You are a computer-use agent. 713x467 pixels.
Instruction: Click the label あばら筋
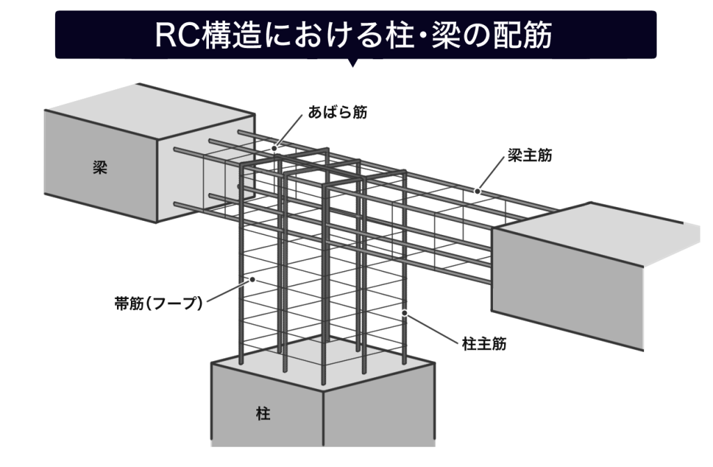338,112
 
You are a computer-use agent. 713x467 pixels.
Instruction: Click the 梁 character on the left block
100,168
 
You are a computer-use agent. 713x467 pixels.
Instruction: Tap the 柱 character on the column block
263,414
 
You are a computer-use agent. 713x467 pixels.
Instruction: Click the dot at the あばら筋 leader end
275,148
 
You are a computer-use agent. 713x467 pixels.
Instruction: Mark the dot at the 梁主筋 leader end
478,190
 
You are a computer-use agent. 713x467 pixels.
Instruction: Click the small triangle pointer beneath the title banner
352,63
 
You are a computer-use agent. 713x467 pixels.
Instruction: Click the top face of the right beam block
599,223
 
